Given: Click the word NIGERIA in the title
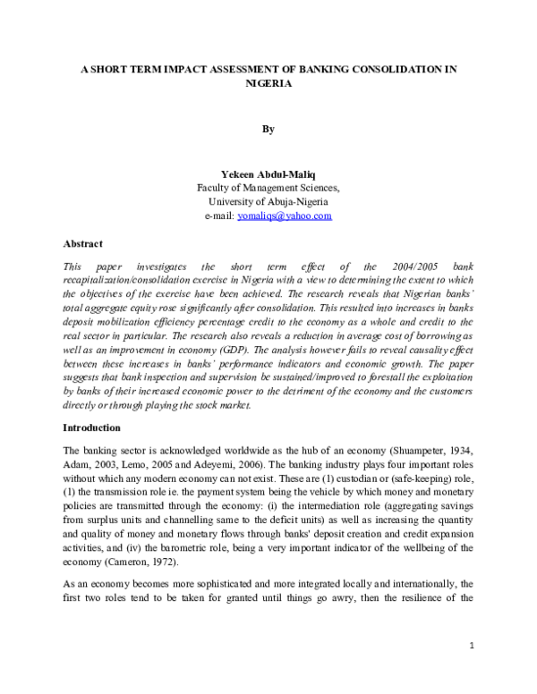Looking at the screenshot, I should click(268, 82).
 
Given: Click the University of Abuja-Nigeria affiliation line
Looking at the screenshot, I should click(268, 201).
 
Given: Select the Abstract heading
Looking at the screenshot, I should click(82, 243).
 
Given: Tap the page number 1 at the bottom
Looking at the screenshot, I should click(471, 670).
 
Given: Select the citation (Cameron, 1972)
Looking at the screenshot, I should click(150, 562).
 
